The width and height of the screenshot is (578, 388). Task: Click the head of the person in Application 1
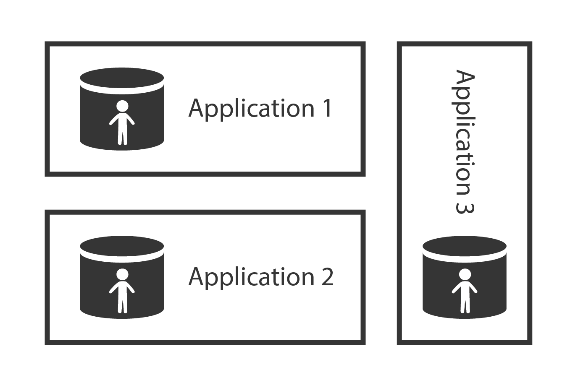click(122, 106)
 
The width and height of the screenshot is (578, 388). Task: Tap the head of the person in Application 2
click(122, 274)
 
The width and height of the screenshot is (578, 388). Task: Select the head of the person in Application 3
click(465, 274)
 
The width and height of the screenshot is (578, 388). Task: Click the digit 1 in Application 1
click(326, 108)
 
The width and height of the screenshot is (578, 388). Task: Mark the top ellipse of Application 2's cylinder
click(122, 246)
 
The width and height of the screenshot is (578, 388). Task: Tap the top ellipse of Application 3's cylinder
click(465, 246)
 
